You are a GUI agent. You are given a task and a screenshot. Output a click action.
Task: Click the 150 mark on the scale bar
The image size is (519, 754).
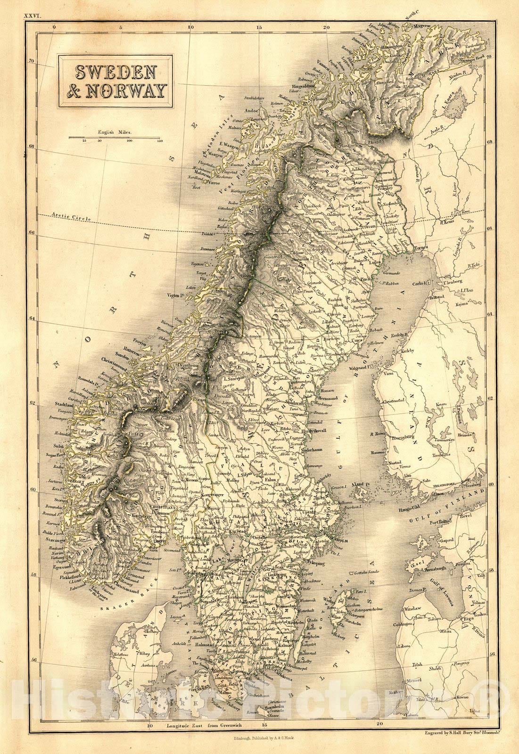159,141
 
